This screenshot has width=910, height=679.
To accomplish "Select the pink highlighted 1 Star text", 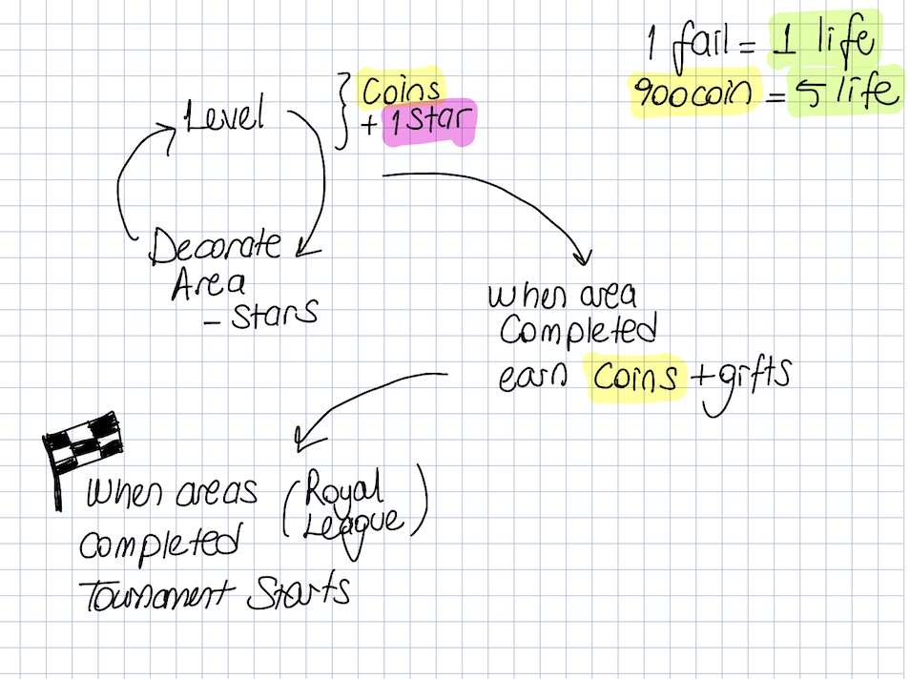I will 429,125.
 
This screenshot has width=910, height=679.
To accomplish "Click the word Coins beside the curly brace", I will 401,90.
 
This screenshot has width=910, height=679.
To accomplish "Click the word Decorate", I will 217,247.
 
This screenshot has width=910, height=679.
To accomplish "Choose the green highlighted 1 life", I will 823,42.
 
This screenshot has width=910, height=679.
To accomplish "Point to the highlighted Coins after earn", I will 637,378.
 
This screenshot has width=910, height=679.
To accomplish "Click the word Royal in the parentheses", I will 345,491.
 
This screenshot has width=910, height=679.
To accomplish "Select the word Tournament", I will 157,594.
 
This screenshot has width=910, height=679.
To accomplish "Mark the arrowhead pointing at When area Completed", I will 581,257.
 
